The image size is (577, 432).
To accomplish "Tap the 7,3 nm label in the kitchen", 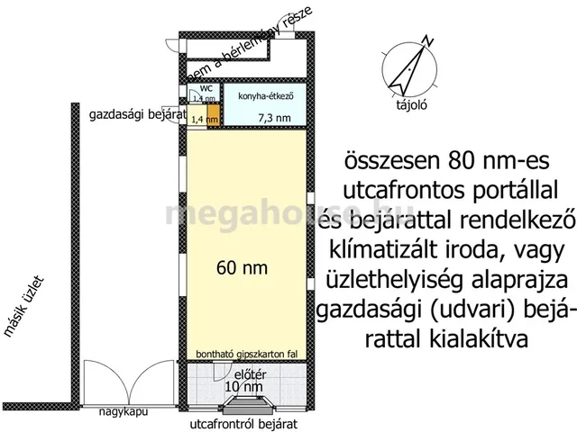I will tap(274, 117).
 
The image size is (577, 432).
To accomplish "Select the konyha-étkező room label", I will tap(266, 94).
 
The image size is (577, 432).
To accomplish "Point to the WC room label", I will tap(205, 88).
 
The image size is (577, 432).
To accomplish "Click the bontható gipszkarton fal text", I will tap(247, 355).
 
